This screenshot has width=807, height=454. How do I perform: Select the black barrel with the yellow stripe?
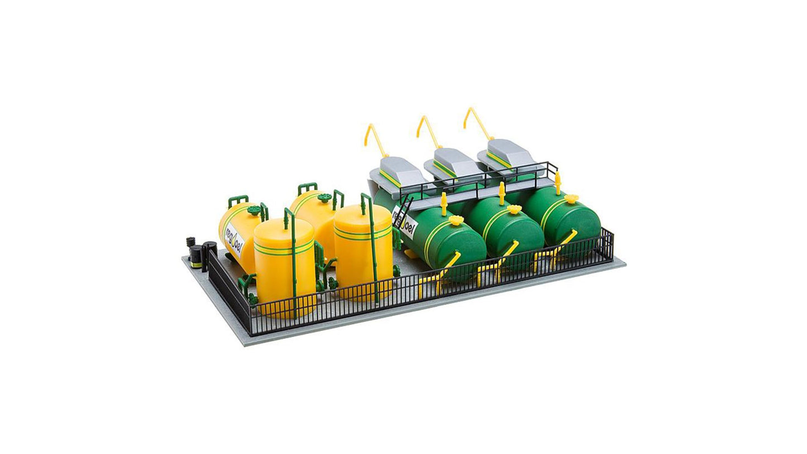coord(195,256)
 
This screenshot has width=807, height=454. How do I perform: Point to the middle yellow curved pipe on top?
coord(428,130)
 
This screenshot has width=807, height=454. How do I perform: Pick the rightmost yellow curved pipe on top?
coord(476,121)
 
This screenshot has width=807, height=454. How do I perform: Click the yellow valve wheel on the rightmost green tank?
coord(571,199)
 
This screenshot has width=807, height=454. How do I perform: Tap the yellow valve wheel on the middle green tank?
coord(514,209)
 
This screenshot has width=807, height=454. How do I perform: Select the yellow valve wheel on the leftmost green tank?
coord(456,220)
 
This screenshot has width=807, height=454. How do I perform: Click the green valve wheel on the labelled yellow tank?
coord(254,211)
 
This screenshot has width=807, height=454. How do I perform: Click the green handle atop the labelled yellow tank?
coord(238,199)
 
